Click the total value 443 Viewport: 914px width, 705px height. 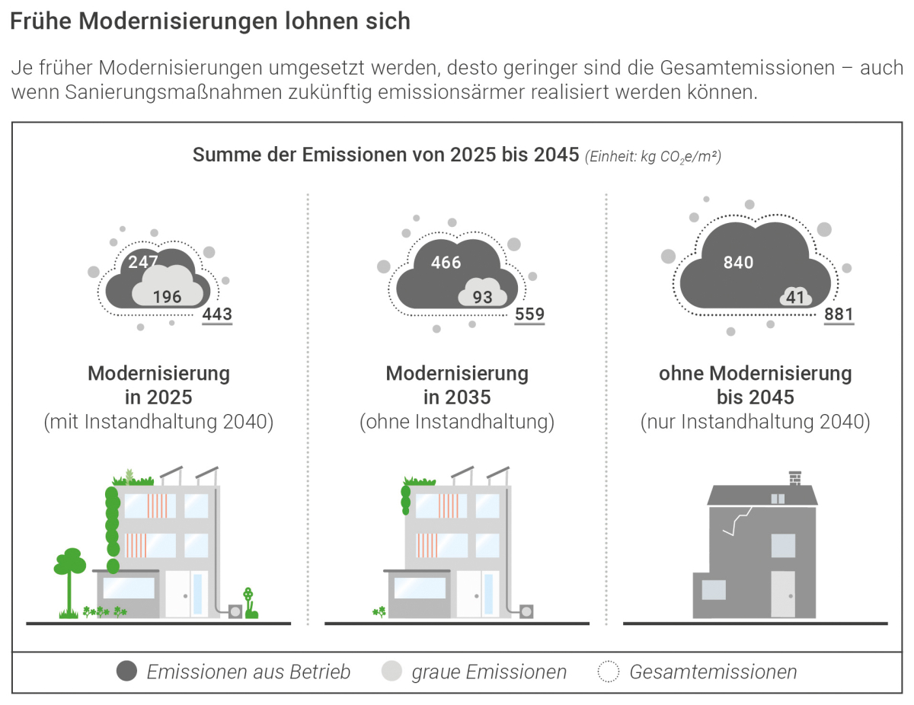(x=217, y=314)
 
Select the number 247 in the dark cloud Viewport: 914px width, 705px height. (x=143, y=263)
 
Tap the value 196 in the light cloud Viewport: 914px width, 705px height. (x=167, y=297)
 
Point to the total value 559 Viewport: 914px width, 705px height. (x=529, y=314)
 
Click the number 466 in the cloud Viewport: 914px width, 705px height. (x=446, y=263)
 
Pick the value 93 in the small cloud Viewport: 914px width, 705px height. (x=483, y=297)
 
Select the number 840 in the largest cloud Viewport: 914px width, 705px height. (x=738, y=263)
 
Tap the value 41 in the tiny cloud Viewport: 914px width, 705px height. (x=795, y=298)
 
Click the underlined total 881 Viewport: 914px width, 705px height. (x=839, y=314)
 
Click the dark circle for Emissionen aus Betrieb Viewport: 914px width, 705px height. (x=127, y=672)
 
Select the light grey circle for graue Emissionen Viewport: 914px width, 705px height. (x=391, y=672)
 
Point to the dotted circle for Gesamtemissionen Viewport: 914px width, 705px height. (x=609, y=672)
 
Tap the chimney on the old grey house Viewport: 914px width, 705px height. (x=795, y=479)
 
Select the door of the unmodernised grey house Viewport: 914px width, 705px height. (x=783, y=594)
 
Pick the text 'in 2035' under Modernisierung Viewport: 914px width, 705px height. (x=457, y=397)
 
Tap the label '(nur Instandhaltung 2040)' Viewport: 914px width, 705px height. (x=755, y=422)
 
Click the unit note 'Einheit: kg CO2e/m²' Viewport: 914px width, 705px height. (x=653, y=157)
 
